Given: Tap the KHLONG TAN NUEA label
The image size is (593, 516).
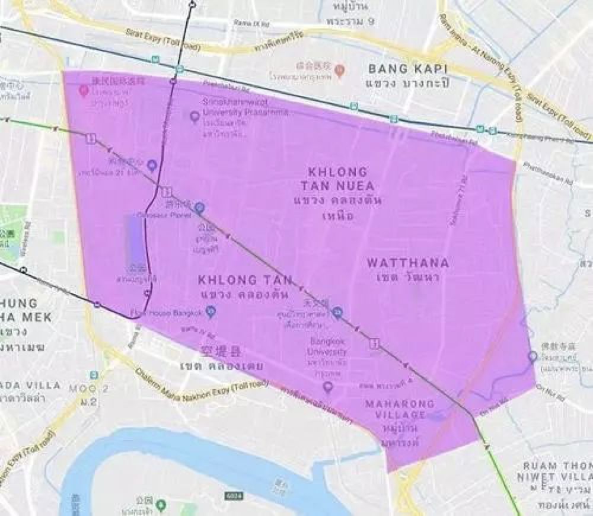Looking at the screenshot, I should [338, 179].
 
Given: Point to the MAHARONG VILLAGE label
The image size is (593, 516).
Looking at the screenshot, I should [399, 409].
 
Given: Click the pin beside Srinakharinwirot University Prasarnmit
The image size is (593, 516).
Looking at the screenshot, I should [194, 116].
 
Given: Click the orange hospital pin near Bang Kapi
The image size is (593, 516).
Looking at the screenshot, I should [339, 71].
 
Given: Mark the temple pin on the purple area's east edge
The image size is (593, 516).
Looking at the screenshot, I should [532, 356].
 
